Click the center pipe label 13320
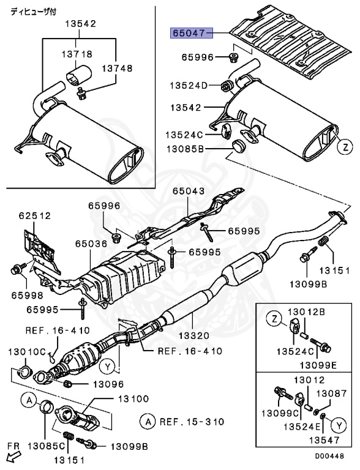click(193, 336)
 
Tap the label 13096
click(108, 384)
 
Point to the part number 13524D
click(185, 85)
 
